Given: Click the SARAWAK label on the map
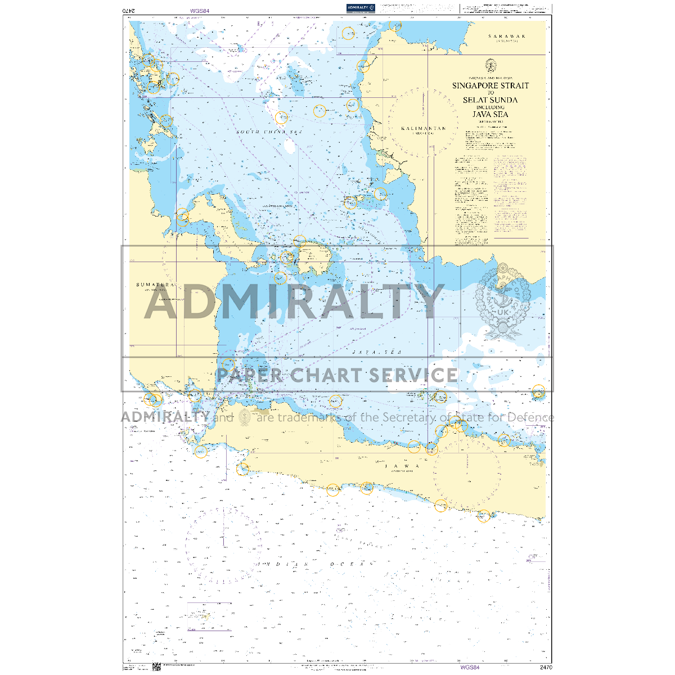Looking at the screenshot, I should [506, 36].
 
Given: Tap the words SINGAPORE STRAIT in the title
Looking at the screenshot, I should [490, 85].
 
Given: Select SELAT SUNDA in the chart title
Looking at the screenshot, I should [490, 100].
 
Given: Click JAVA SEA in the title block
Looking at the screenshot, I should [490, 114].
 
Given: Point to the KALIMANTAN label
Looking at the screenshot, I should [424, 128].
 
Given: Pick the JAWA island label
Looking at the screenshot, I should [403, 466].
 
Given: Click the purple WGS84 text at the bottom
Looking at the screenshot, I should [470, 668].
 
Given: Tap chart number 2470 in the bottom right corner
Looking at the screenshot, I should [545, 668].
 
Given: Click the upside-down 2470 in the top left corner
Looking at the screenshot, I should [129, 10].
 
